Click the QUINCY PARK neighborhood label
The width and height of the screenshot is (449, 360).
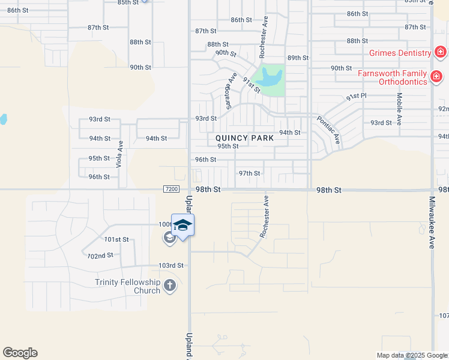pos(245,138)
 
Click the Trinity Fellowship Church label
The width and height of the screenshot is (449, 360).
pos(127,286)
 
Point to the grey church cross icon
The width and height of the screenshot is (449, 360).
pos(170,286)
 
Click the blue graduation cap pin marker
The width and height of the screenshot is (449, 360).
pos(182,226)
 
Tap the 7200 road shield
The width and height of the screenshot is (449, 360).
pos(171,189)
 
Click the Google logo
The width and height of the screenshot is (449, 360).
pos(20,353)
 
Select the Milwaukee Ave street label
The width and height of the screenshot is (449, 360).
pos(432,223)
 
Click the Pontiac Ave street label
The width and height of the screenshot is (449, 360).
pos(328,130)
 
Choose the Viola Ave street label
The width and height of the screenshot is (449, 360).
pos(120,154)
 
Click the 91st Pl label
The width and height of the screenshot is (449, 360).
pos(356,96)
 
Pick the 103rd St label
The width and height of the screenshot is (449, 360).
pos(170,265)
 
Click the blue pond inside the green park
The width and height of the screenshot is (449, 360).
pos(269,77)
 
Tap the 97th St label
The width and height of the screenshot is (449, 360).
pos(249,173)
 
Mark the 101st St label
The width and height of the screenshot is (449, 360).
pos(116,239)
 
